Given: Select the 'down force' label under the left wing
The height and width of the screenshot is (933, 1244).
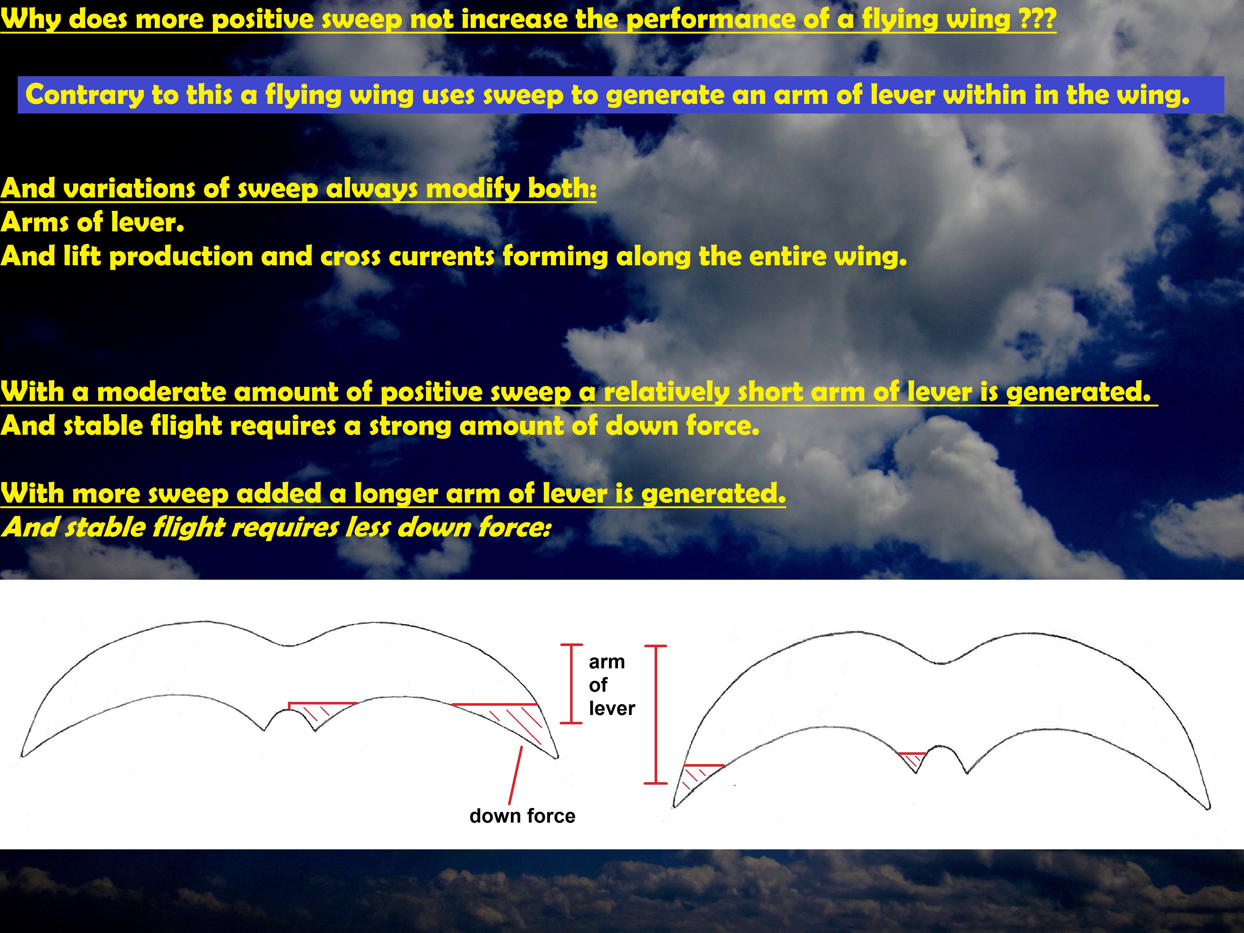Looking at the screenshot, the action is click(522, 816).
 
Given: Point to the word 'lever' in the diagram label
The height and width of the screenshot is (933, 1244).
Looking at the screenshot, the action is click(612, 708).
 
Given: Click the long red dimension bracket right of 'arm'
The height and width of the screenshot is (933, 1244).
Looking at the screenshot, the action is click(655, 714).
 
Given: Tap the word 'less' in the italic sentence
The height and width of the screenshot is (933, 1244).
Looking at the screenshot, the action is click(368, 527).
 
